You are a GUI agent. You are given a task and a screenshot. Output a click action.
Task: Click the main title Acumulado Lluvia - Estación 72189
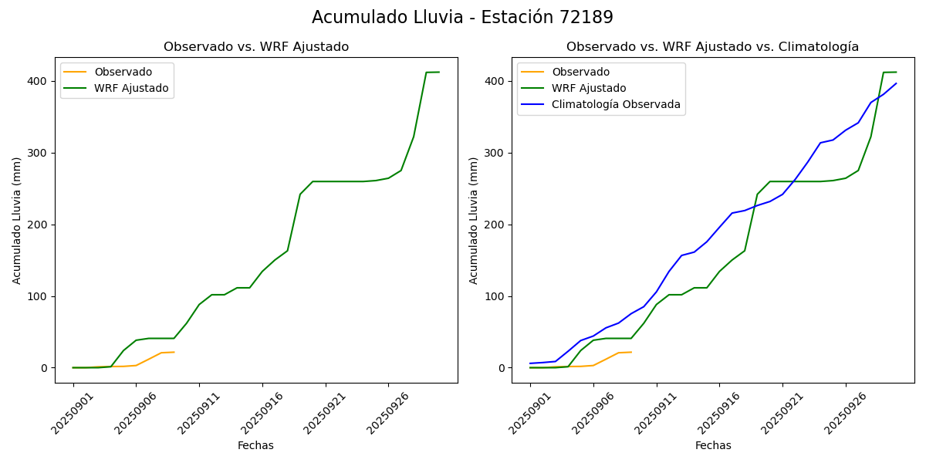462,17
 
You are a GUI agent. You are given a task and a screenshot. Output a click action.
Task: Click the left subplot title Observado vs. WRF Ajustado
256,47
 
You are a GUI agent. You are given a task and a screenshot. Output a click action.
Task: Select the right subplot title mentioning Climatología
712,47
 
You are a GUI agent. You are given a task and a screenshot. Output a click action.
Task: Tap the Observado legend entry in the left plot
123,72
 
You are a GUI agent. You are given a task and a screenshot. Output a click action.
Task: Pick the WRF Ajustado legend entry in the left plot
131,88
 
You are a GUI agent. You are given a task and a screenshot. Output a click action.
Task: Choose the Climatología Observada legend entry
616,104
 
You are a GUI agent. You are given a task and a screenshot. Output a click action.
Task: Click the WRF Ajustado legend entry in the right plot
589,88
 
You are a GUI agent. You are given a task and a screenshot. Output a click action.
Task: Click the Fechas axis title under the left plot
255,445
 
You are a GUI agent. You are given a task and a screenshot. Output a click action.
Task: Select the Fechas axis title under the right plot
713,445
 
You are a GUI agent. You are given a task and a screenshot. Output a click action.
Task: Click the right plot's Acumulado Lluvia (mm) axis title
473,220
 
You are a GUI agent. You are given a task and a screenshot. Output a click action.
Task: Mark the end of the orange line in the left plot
174,352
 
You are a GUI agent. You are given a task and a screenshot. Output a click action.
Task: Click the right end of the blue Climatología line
896,83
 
